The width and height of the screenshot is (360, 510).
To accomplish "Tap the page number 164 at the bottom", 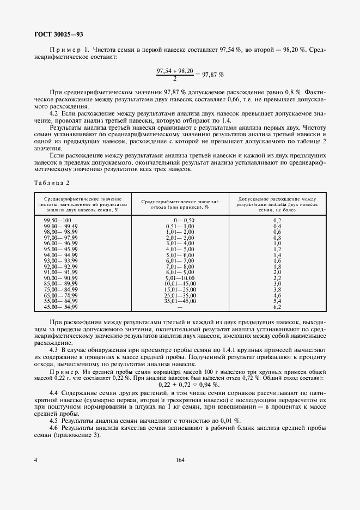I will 180,460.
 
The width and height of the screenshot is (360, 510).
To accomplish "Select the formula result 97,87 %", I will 211,74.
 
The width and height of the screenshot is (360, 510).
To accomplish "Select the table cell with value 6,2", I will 277,307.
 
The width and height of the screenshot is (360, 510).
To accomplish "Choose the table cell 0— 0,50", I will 180,220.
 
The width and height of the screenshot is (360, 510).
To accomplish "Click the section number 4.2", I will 54,113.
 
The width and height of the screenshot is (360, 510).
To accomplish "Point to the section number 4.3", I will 54,349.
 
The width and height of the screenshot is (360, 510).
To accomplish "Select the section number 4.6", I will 54,429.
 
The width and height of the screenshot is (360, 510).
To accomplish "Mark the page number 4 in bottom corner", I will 35,460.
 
